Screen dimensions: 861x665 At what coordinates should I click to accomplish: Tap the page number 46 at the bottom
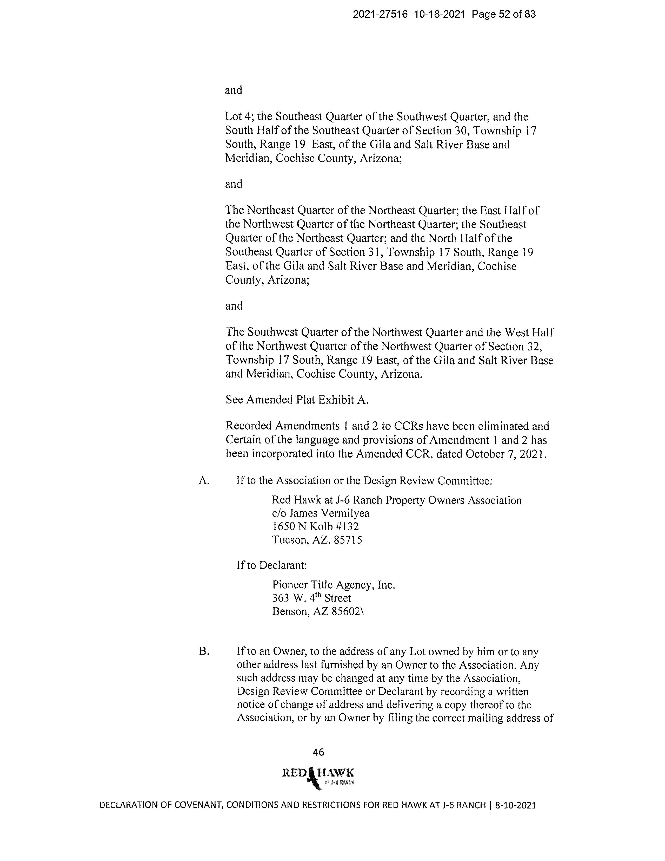pyautogui.click(x=318, y=752)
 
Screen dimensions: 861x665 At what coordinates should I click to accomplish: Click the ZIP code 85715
pyautogui.click(x=348, y=540)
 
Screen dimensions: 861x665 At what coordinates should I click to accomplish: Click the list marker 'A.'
pyautogui.click(x=204, y=481)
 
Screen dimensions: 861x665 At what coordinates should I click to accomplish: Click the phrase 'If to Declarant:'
pyautogui.click(x=271, y=565)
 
